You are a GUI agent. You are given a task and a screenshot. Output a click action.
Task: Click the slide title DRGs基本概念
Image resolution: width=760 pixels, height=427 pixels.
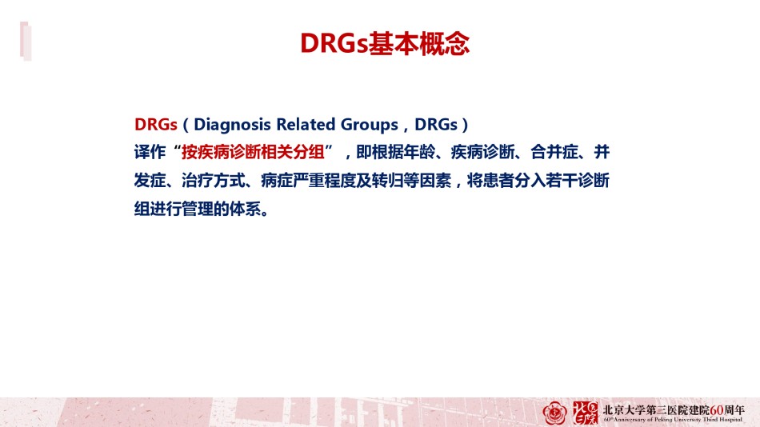(385, 44)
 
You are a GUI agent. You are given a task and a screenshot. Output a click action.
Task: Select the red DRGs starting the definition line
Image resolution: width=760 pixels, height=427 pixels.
(155, 125)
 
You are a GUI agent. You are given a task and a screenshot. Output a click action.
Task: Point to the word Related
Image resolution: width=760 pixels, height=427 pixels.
(306, 125)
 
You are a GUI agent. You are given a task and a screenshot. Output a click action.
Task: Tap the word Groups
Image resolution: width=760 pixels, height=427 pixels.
(370, 125)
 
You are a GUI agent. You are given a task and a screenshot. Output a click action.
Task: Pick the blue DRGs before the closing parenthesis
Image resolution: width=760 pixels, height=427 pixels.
(436, 125)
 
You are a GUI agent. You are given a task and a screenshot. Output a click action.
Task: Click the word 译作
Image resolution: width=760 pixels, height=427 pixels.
(150, 152)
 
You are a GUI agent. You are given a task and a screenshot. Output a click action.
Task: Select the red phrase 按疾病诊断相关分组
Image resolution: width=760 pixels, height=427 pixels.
(253, 152)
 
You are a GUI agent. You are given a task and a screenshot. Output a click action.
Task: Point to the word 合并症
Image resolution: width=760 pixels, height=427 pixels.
(554, 152)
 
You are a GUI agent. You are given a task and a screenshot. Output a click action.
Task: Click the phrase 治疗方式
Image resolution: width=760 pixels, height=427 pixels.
(214, 181)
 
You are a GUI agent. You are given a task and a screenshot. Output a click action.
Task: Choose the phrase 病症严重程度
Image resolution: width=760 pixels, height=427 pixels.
(308, 181)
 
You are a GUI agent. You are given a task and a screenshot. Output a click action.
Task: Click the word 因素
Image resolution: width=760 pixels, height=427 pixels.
(435, 181)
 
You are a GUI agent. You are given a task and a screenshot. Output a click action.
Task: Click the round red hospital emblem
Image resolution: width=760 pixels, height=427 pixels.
(555, 413)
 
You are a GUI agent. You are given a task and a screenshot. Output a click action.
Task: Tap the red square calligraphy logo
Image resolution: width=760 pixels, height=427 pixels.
(585, 413)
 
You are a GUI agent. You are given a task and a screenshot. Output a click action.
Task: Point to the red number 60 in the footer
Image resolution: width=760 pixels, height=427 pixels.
(716, 410)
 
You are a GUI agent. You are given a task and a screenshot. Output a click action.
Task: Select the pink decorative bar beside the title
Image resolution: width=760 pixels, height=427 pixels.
(26, 42)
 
